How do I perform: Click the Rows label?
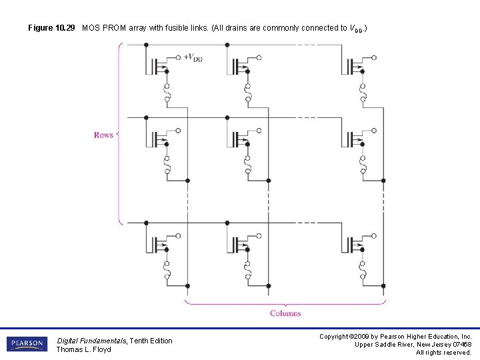[103, 135]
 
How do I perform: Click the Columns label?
[285, 313]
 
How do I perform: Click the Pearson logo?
[27, 344]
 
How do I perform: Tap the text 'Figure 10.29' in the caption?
[51, 29]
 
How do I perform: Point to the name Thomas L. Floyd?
[83, 349]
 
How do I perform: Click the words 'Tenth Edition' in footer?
[151, 341]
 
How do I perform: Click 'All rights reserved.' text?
[444, 352]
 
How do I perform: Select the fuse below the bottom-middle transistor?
[247, 271]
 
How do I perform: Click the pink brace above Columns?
[285, 303]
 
